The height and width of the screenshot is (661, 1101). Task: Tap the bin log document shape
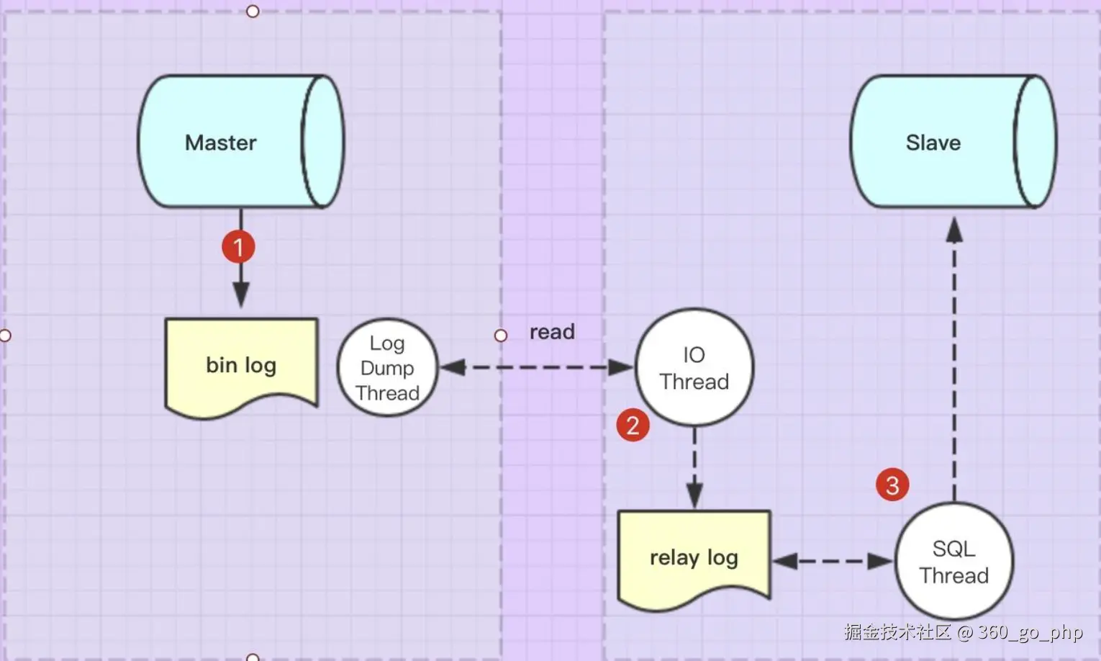[x=241, y=366]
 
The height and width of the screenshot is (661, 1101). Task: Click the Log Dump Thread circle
[x=387, y=368]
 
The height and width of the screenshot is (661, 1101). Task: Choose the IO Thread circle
[x=694, y=368]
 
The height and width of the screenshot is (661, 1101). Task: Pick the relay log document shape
[x=694, y=556]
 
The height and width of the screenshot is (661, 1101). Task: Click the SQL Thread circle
[x=953, y=562]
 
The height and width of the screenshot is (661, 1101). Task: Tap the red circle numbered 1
[x=238, y=247]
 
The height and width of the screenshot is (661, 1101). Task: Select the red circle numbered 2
[x=633, y=425]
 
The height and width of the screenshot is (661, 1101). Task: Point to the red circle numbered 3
[x=892, y=485]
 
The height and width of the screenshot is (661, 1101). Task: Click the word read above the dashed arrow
[x=552, y=332]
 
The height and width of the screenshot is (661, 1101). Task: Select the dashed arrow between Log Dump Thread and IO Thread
[x=536, y=368]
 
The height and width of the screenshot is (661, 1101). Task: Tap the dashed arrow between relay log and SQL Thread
[x=832, y=561]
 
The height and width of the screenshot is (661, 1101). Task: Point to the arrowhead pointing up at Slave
[x=954, y=230]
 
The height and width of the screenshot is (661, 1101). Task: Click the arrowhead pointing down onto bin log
[x=241, y=294]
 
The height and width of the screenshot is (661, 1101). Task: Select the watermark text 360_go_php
[x=1030, y=632]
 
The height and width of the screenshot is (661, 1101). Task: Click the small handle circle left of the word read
[x=501, y=336]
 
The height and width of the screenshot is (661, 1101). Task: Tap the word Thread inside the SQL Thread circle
[x=953, y=575]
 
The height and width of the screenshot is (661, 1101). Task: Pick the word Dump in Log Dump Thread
[x=387, y=368]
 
